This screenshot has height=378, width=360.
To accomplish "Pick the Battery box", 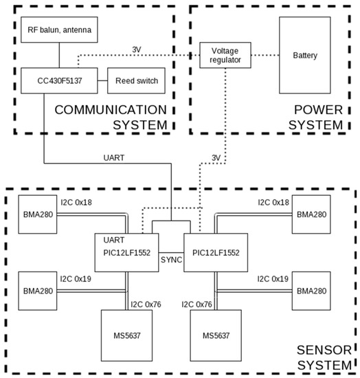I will coord(305,55).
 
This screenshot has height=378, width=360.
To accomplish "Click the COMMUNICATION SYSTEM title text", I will coord(110,117).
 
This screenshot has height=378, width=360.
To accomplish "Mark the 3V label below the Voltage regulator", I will coord(216,157).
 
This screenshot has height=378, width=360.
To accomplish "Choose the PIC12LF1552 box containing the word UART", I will coord(126,252).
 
